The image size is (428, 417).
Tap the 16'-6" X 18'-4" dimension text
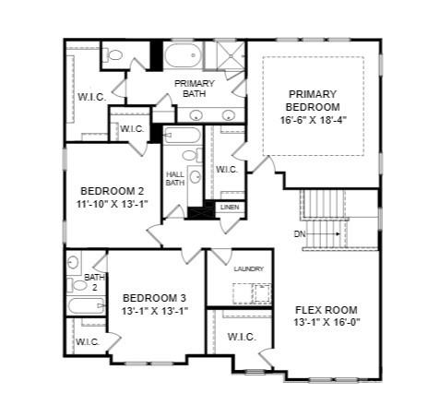click(313, 119)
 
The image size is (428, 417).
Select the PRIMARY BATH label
click(194, 89)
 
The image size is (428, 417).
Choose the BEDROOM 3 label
click(154, 297)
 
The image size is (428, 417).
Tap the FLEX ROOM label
click(326, 309)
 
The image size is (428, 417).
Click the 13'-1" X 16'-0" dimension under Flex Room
click(326, 323)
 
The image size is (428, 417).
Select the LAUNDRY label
click(248, 268)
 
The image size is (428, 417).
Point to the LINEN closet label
click(230, 208)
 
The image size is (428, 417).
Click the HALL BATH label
click(175, 178)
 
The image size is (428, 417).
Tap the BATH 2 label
click(94, 281)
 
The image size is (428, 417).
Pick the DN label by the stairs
click(300, 234)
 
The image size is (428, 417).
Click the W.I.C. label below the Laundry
click(242, 336)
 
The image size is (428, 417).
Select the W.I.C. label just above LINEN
click(227, 169)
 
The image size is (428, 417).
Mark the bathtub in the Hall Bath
click(183, 137)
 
